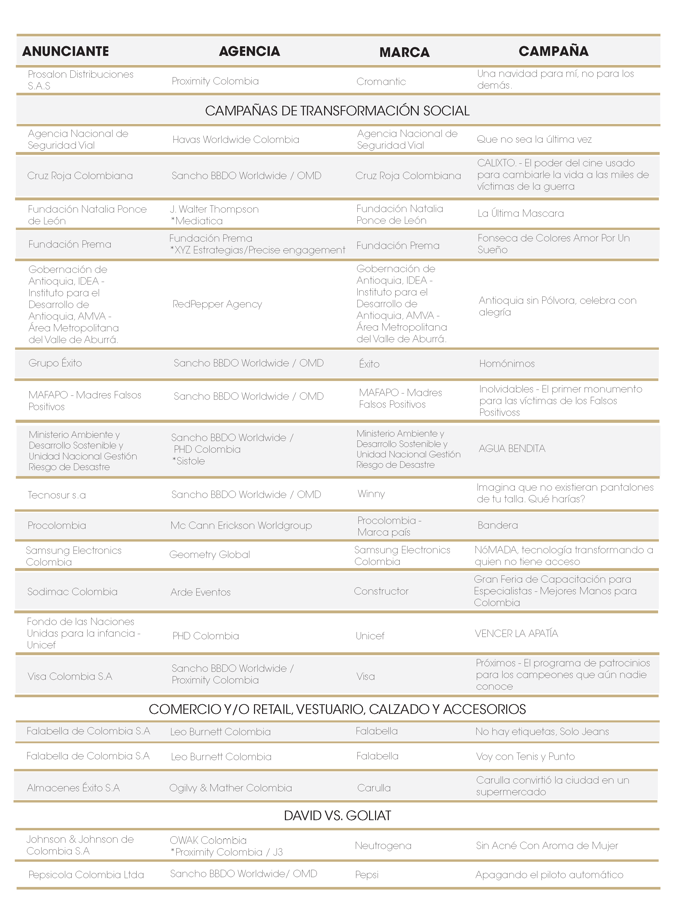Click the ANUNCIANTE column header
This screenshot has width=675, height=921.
click(x=65, y=51)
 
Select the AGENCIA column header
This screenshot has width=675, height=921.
click(x=249, y=51)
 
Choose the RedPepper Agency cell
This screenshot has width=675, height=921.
click(x=217, y=304)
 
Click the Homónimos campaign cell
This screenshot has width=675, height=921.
click(x=507, y=363)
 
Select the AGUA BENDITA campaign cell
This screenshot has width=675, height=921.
click(x=512, y=449)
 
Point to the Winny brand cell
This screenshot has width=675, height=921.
click(x=371, y=494)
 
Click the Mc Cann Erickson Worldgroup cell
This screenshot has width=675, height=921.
click(x=241, y=525)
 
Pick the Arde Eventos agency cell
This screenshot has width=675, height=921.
click(x=201, y=592)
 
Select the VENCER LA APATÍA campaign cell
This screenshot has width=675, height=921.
click(x=516, y=634)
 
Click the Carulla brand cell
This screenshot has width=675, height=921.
click(x=374, y=788)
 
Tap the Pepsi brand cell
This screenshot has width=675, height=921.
click(x=366, y=875)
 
